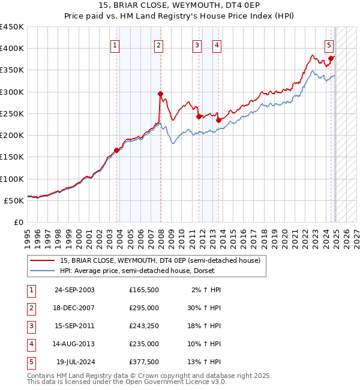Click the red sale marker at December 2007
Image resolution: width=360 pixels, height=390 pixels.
click(161, 94)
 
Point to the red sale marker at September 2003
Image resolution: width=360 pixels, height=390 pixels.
click(117, 150)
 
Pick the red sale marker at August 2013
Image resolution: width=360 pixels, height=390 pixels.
click(218, 120)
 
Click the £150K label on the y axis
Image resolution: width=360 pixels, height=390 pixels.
click(12, 157)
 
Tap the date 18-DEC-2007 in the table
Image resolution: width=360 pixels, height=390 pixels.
click(74, 308)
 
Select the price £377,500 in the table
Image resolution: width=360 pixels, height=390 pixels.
click(143, 362)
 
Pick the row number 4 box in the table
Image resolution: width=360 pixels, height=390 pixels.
click(30, 344)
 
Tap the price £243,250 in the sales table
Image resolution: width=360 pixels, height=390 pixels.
click(143, 326)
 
